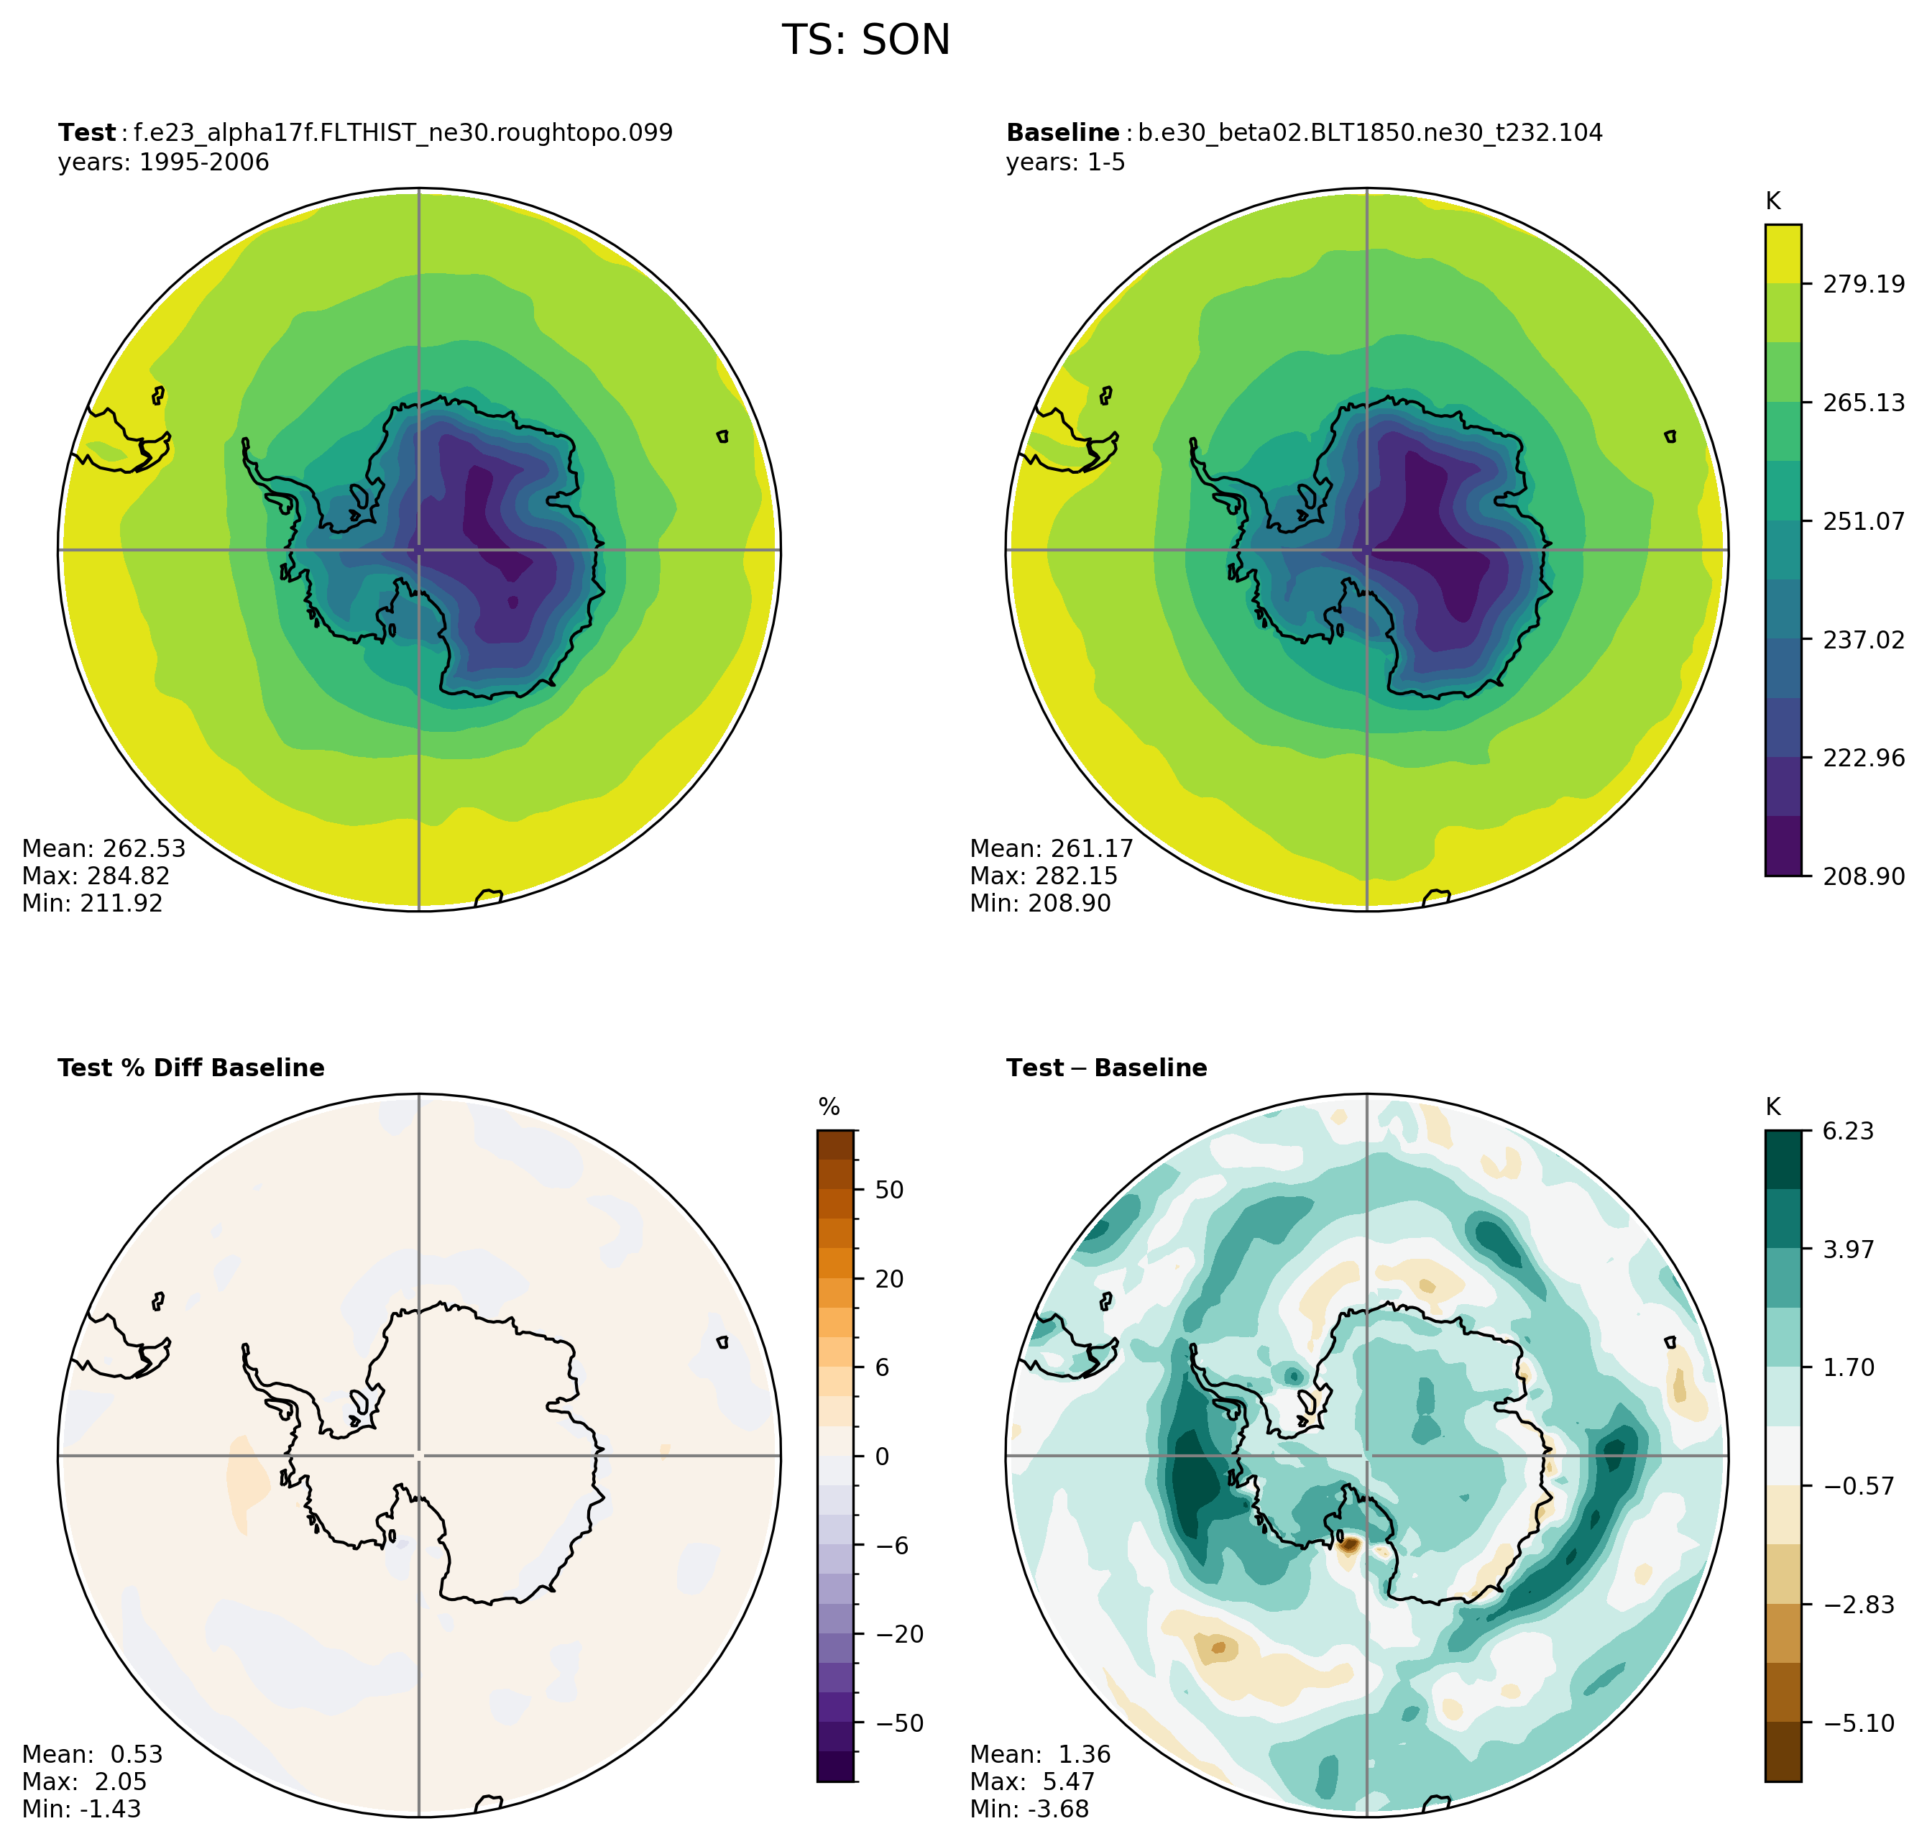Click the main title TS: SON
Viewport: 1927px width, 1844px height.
865,41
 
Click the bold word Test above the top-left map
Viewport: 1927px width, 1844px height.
86,133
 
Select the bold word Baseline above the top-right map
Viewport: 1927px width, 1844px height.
1062,133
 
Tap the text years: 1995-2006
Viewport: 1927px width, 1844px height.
163,162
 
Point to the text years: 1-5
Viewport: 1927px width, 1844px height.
1065,162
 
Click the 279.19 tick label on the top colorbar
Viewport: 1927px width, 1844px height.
1863,284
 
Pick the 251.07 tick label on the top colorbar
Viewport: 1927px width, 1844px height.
1863,521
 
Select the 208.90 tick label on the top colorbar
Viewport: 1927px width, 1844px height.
1863,876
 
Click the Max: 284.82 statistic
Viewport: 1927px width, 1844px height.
96,876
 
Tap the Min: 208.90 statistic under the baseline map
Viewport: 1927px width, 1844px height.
1039,904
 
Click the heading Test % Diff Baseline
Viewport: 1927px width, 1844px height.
190,1068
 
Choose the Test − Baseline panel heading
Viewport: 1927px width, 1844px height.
1105,1068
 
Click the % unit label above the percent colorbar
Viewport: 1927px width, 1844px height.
829,1108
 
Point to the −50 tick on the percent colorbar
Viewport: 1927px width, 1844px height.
899,1723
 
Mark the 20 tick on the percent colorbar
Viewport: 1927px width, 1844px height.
889,1279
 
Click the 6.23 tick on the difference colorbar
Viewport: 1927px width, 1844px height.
1847,1132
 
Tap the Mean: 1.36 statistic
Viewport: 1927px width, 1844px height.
1039,1755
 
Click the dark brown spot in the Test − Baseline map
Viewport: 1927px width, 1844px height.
1348,1545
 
